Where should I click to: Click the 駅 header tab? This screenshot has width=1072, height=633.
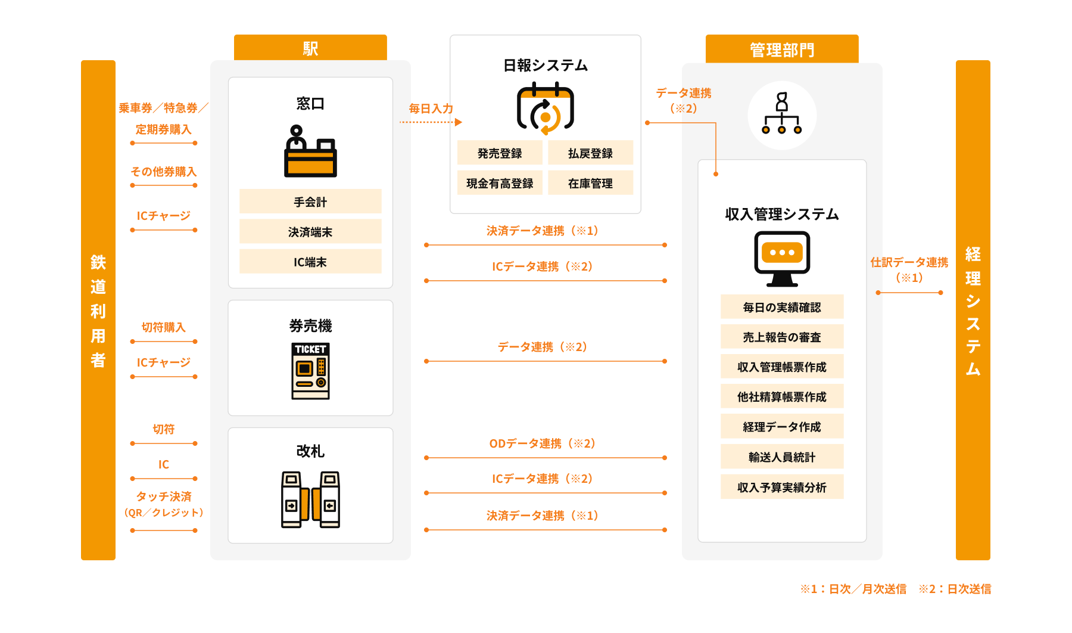(310, 48)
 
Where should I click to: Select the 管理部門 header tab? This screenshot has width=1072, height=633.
(781, 49)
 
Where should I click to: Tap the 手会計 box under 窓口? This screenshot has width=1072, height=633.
(310, 201)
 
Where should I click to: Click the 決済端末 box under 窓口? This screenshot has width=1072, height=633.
(310, 231)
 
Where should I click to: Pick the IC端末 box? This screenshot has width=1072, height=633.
(310, 262)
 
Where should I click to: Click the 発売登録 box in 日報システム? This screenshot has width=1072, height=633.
(500, 153)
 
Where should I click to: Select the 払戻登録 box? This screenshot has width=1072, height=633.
(590, 153)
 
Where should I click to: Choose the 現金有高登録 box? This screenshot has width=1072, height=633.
(500, 183)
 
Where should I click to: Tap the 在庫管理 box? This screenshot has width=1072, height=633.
(590, 183)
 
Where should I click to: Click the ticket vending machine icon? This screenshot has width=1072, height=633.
(310, 371)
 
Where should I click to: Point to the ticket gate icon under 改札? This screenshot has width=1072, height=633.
(310, 499)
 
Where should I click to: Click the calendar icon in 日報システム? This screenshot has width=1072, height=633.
(545, 108)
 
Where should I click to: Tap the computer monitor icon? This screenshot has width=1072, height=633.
(782, 258)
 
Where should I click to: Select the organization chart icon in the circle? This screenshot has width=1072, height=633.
(782, 114)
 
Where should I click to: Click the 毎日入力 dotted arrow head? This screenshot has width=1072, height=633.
(459, 122)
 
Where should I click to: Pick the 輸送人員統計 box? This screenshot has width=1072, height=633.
(782, 457)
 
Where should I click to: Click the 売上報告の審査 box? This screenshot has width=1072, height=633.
(782, 337)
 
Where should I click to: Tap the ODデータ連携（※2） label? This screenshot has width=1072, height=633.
(543, 443)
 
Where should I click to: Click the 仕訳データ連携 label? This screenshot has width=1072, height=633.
(909, 262)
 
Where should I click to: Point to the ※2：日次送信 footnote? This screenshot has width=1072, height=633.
(955, 589)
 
